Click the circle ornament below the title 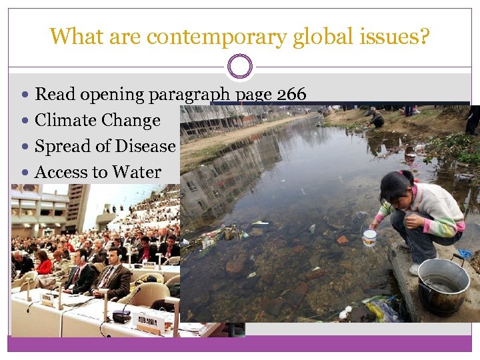click(240, 67)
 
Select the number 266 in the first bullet click(291, 95)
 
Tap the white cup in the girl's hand click(369, 237)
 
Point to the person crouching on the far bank click(377, 118)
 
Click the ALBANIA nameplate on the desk click(151, 322)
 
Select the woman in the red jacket click(45, 263)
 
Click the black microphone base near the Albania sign click(122, 316)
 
